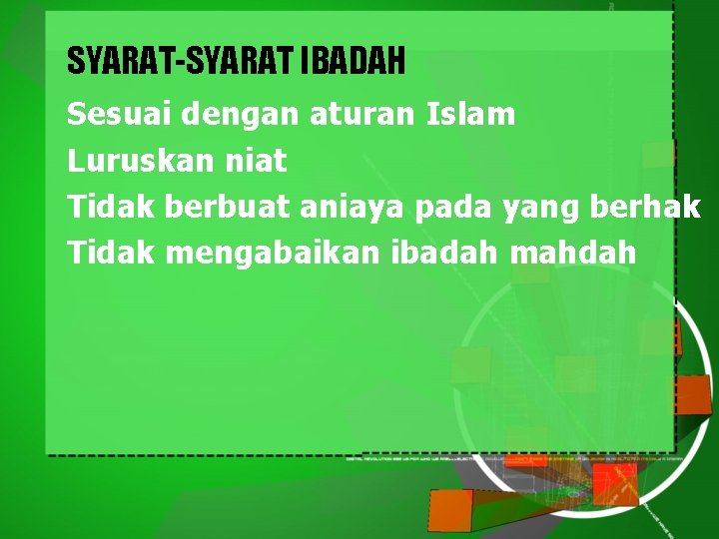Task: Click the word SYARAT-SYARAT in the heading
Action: (180, 61)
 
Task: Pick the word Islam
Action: (471, 114)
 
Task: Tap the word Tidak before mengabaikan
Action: (111, 253)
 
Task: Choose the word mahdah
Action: (572, 253)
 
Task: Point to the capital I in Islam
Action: (431, 114)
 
